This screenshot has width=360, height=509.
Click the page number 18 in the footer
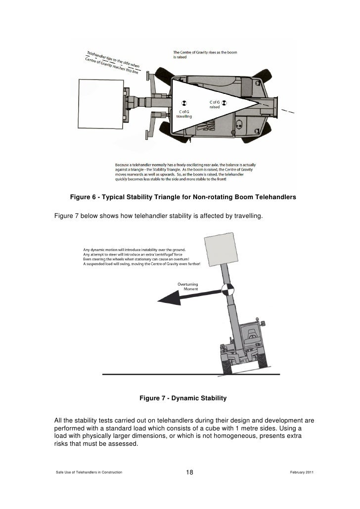click(189, 473)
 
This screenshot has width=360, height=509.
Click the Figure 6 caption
click(182, 197)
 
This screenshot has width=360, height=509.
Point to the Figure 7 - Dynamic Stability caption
click(183, 398)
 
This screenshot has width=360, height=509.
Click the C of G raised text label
click(214, 105)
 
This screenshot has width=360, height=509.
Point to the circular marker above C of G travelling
click(183, 103)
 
